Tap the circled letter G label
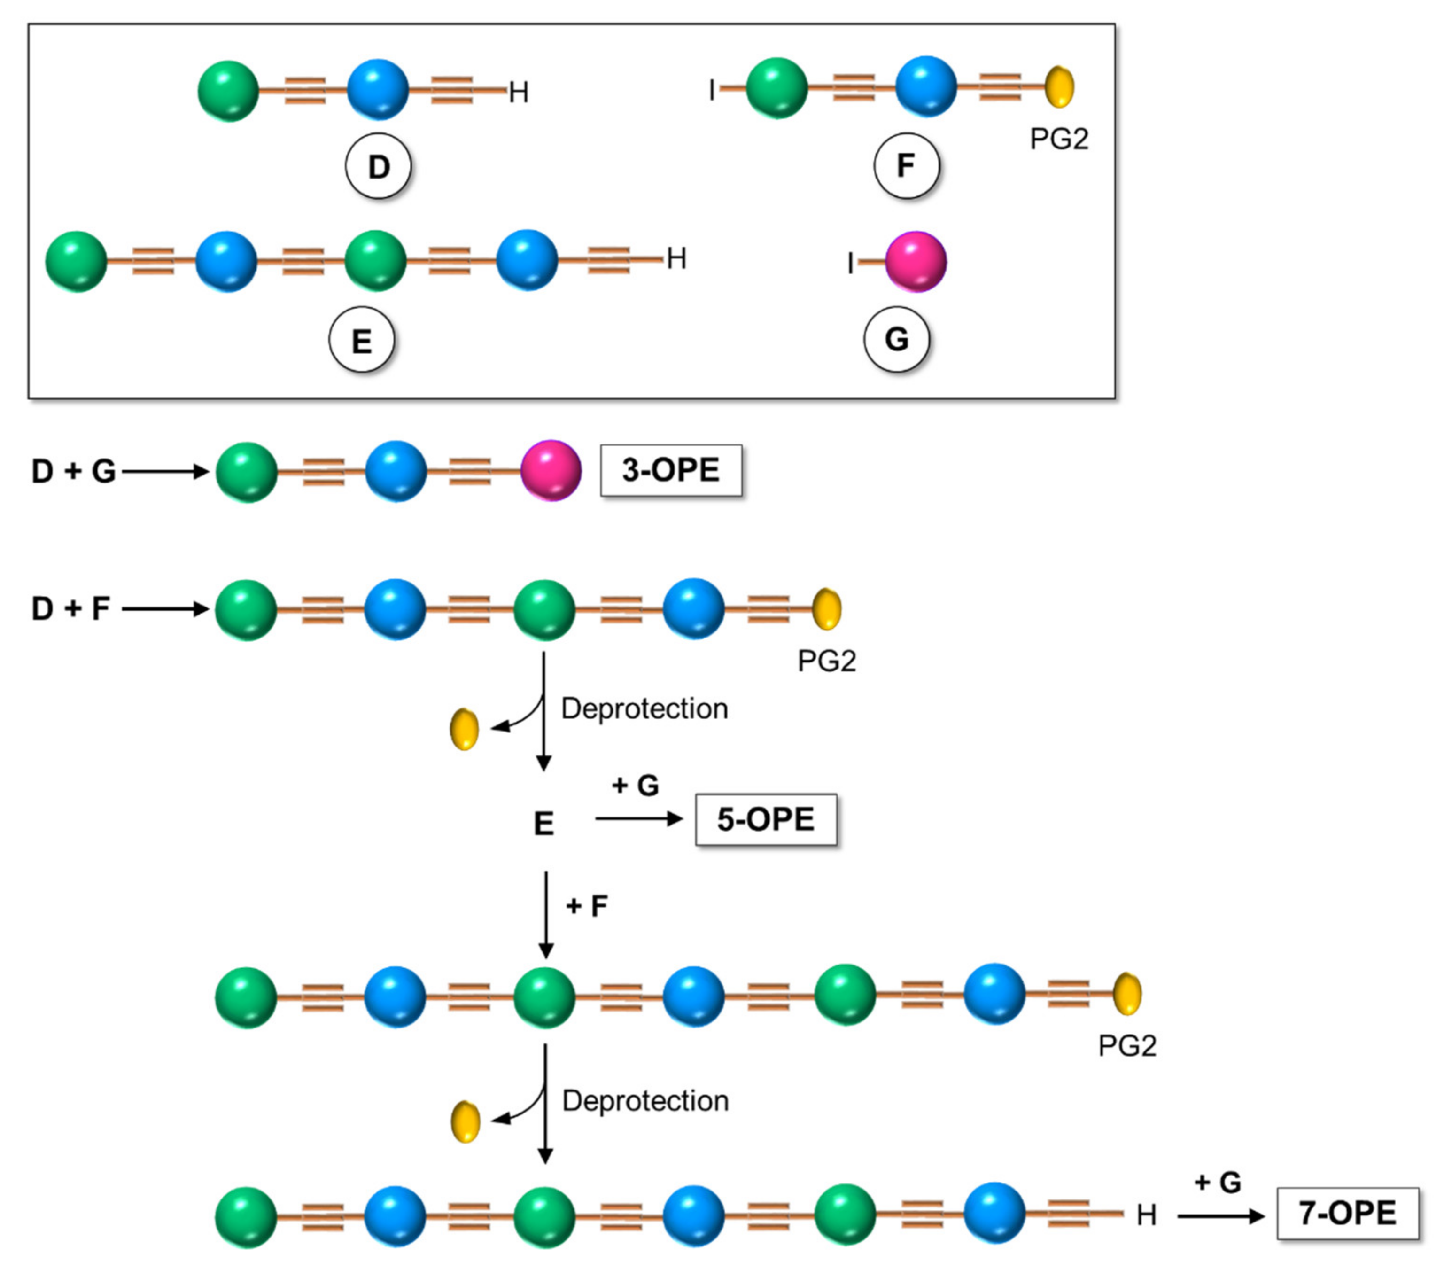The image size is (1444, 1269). pos(896,339)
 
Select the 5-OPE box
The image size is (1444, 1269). pos(766,820)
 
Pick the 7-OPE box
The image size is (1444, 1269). pos(1347,1213)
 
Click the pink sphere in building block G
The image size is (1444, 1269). pos(916,261)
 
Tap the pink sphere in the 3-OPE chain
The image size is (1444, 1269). pos(551,471)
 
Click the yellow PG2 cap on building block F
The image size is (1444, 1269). pos(1059,87)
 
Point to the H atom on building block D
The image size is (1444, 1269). pos(519,93)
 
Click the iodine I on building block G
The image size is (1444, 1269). pos(851,264)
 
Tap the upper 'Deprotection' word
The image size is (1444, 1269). pos(644,708)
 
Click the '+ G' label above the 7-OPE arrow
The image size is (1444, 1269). pos(1217,1182)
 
